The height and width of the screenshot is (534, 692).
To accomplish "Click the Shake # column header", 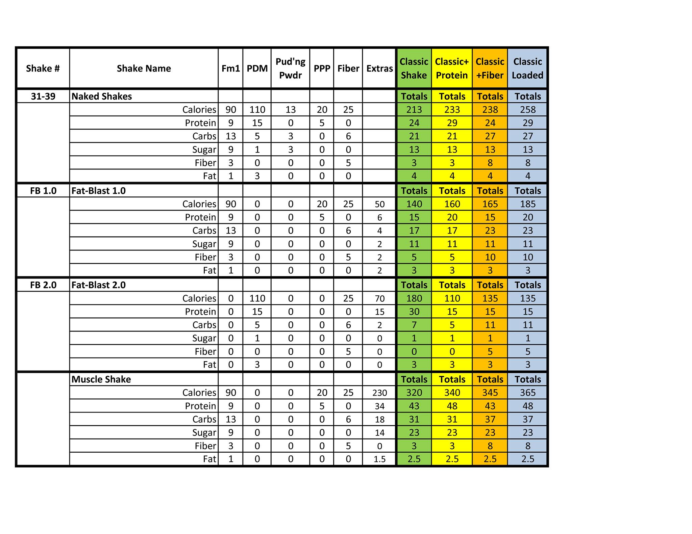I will coord(43,69).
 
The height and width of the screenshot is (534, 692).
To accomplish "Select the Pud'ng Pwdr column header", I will coord(290,69).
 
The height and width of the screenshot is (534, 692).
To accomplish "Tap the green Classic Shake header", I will coord(414,69).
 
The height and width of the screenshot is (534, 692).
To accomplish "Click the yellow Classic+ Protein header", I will coord(452,69).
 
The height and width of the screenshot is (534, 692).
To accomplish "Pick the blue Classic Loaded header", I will coord(527,69).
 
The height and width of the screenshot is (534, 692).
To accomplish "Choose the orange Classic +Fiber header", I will coord(490,69).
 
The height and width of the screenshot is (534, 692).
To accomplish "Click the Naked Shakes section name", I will coord(102,97).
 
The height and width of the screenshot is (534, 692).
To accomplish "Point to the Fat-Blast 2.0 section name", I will coord(99,285).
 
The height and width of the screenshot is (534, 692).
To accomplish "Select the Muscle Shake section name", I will coord(101,379).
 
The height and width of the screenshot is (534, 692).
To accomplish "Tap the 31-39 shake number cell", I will coord(43,97).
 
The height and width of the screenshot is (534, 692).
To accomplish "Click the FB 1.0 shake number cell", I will coord(43,191).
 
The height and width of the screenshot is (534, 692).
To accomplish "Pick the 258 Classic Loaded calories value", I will coord(528,110).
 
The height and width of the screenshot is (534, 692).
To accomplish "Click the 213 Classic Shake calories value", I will coord(414,110).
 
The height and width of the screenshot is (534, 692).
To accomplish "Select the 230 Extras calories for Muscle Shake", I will coord(379,393).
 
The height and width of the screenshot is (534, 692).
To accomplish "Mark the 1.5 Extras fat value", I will coord(379,459).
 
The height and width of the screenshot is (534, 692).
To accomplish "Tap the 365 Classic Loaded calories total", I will coord(528,393).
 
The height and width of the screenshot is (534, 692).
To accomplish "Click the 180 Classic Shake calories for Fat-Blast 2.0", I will coord(414,299).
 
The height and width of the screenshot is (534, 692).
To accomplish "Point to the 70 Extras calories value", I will coord(379,299).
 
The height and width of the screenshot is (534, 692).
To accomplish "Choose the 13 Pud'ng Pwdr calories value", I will coord(290,110).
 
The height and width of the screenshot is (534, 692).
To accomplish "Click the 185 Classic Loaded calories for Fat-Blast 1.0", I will coord(528,204).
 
